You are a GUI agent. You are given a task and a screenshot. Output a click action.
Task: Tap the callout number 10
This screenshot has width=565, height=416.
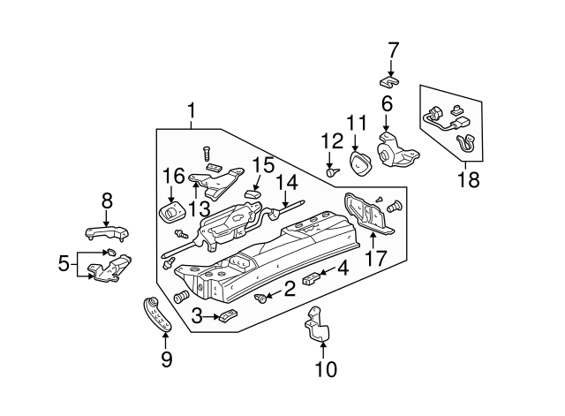click(x=326, y=369)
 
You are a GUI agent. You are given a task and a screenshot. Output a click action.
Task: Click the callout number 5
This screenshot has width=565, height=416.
click(x=63, y=262)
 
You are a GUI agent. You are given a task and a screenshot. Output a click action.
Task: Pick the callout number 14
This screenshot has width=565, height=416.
click(x=284, y=183)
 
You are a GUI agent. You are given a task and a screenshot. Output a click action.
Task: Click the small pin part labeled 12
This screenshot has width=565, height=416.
click(x=332, y=172)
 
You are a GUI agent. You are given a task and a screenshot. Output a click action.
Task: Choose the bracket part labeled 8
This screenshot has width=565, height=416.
click(x=107, y=231)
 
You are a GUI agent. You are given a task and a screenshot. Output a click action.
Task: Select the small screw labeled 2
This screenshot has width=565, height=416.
click(x=261, y=299)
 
